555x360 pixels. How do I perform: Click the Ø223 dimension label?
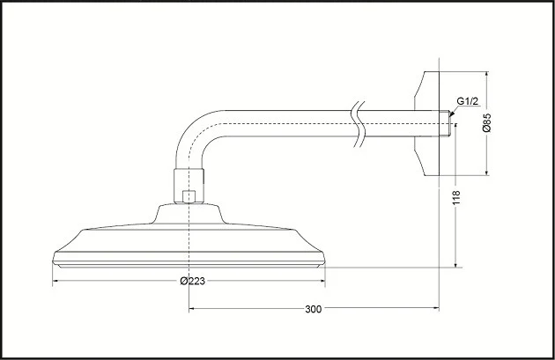pyautogui.click(x=192, y=281)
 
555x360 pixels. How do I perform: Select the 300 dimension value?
pyautogui.click(x=314, y=309)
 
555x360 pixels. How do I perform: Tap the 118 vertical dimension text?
pyautogui.click(x=456, y=197)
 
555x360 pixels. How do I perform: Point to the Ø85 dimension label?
pyautogui.click(x=486, y=122)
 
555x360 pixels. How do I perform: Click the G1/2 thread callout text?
pyautogui.click(x=467, y=101)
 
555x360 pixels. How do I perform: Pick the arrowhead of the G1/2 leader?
pyautogui.click(x=451, y=114)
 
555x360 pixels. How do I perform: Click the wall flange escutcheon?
pyautogui.click(x=426, y=123)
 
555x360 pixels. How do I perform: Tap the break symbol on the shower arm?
pyautogui.click(x=359, y=124)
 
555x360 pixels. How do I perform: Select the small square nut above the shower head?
pyautogui.click(x=189, y=196)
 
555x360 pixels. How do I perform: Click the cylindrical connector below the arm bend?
pyautogui.click(x=189, y=186)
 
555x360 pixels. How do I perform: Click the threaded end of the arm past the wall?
pyautogui.click(x=444, y=124)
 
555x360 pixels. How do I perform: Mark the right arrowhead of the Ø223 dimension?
pyautogui.click(x=322, y=281)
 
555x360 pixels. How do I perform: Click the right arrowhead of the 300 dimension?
pyautogui.click(x=436, y=309)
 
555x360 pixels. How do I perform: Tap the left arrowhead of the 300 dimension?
pyautogui.click(x=192, y=309)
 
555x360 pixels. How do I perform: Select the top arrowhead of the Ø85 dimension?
pyautogui.click(x=486, y=75)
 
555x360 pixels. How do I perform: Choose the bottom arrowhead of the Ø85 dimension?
pyautogui.click(x=486, y=172)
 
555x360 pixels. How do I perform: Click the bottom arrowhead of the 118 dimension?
pyautogui.click(x=456, y=264)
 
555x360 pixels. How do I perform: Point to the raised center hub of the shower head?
pyautogui.click(x=189, y=214)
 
